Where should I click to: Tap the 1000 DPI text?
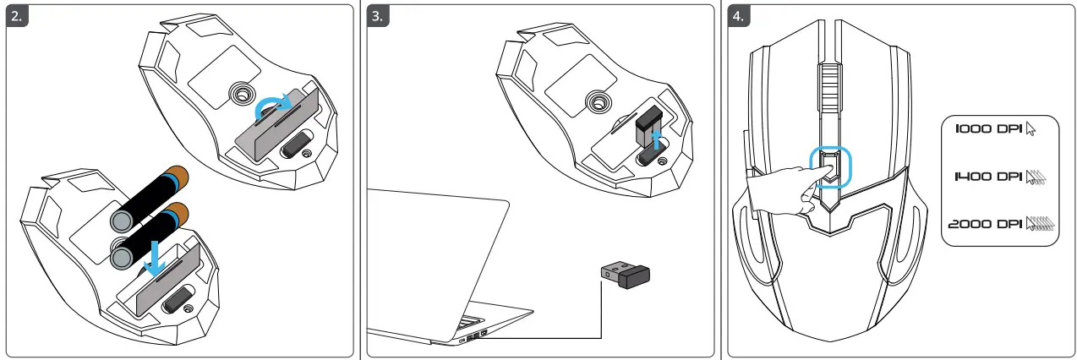point(987,129)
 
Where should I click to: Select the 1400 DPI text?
point(987,177)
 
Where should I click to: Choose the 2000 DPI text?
point(983,224)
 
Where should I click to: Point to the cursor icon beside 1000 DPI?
point(1030,129)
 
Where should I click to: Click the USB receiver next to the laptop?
point(626,275)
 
